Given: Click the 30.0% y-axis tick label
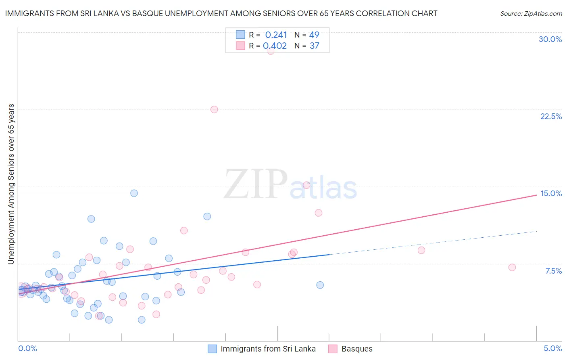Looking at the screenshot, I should (550, 39).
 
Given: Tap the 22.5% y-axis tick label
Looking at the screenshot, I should (551, 116).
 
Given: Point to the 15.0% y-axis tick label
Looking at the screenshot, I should (551, 193).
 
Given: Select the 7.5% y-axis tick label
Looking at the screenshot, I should (553, 271).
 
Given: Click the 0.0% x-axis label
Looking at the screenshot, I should (27, 348).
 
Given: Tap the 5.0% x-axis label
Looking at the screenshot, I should (552, 348).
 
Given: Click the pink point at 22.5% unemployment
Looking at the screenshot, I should (214, 109).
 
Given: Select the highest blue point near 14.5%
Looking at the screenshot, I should (134, 193).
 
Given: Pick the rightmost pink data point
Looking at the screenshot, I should (512, 267).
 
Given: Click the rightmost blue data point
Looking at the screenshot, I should (320, 285).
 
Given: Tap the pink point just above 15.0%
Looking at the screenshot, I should (306, 185).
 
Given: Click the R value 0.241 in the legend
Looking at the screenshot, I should (276, 35).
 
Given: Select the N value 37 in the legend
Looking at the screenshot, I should (314, 46).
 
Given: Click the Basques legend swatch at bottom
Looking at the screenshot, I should (333, 349).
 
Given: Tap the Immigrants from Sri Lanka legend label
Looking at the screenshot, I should (268, 349).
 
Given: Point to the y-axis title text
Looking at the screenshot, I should (11, 184).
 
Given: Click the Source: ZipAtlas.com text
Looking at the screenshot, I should (531, 14).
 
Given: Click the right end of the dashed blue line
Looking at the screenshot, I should (537, 231).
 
